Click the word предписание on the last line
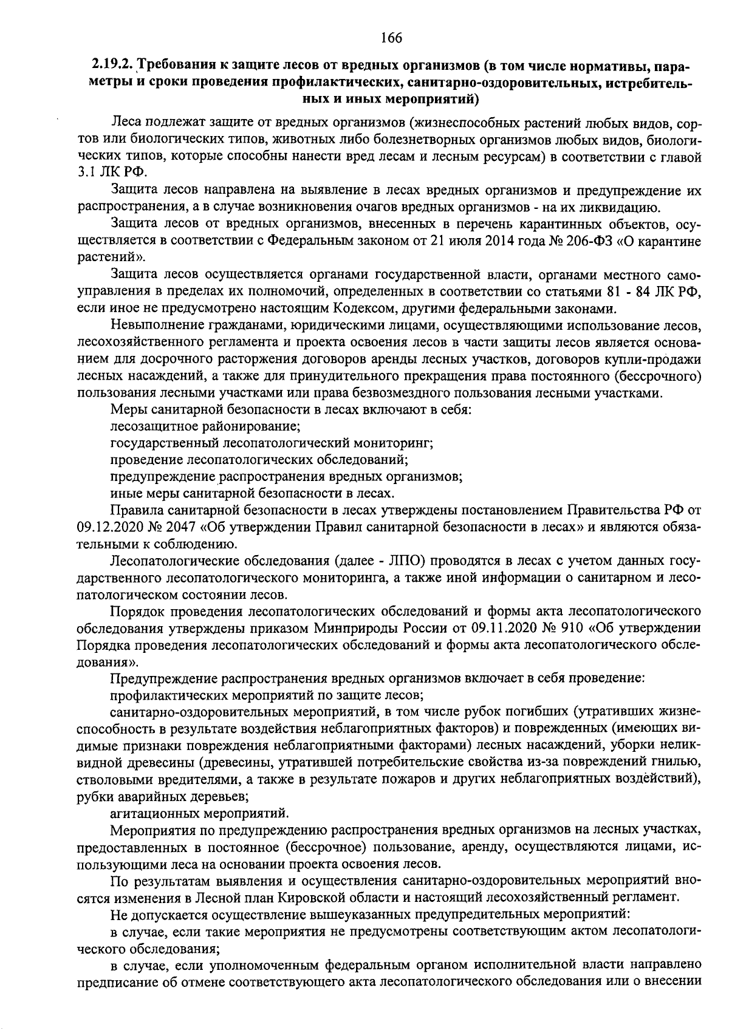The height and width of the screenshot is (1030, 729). pos(115,998)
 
